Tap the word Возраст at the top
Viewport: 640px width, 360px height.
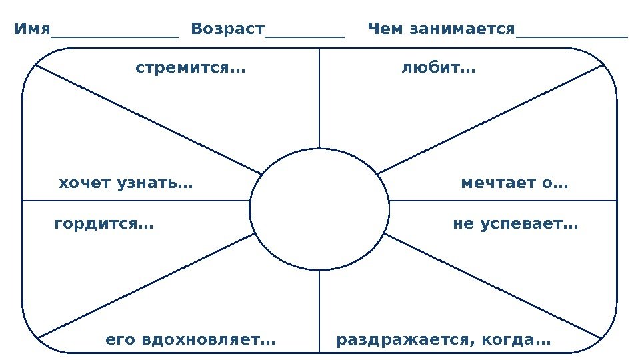pyautogui.click(x=227, y=30)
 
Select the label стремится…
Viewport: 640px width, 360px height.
pyautogui.click(x=190, y=68)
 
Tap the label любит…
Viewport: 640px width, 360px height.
pyautogui.click(x=438, y=68)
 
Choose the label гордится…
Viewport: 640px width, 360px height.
pyautogui.click(x=103, y=225)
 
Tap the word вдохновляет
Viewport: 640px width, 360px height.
pyautogui.click(x=210, y=340)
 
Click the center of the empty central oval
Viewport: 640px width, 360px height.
pyautogui.click(x=319, y=209)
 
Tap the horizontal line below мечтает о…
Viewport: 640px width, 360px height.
pyautogui.click(x=503, y=201)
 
